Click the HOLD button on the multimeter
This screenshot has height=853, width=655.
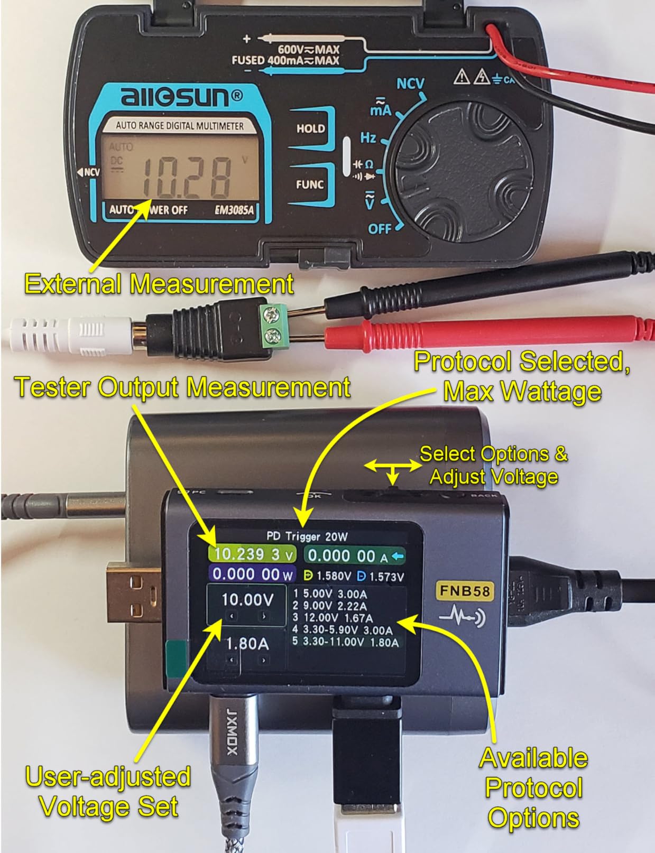point(310,128)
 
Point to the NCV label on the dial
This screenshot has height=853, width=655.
point(410,84)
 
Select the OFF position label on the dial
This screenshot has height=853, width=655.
point(380,229)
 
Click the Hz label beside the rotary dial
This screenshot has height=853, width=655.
point(368,138)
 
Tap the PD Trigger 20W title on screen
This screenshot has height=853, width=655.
point(307,536)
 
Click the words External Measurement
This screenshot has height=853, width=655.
point(159,284)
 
